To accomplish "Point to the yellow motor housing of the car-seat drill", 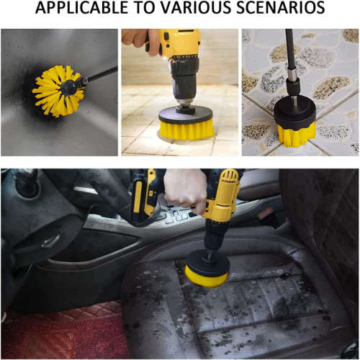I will coord(223,194).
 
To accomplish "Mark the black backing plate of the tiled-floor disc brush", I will coord(185,114).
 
